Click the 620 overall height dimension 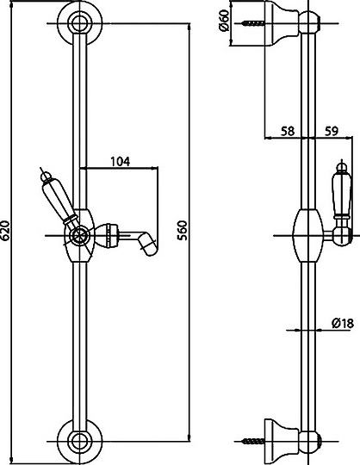(x=5, y=230)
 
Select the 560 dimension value (x=182, y=230)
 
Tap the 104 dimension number (x=120, y=162)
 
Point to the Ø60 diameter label (x=225, y=20)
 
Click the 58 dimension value (x=288, y=131)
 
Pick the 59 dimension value (x=332, y=131)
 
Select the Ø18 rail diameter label (x=343, y=323)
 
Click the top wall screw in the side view (x=253, y=23)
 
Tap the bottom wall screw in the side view (x=253, y=441)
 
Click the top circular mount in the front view (x=79, y=23)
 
